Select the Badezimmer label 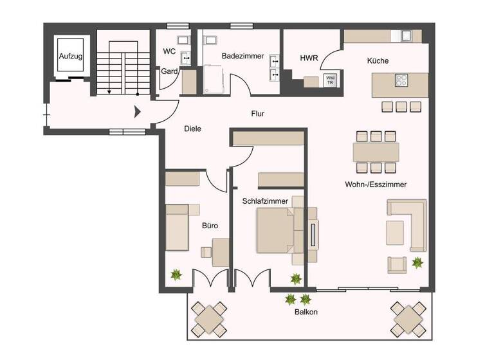click(x=242, y=57)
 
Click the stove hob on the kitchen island click(x=401, y=81)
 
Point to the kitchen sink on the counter click(x=407, y=35)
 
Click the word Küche click(x=378, y=61)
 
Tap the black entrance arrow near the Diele click(x=137, y=113)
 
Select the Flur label click(x=257, y=114)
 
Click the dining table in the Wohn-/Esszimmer click(x=376, y=152)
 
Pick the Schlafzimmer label click(x=265, y=201)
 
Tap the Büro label click(x=210, y=226)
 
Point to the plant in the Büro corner click(x=176, y=275)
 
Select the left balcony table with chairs click(x=210, y=316)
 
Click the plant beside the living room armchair click(x=417, y=262)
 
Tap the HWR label click(x=309, y=59)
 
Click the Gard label click(x=169, y=71)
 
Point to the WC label click(x=169, y=51)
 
